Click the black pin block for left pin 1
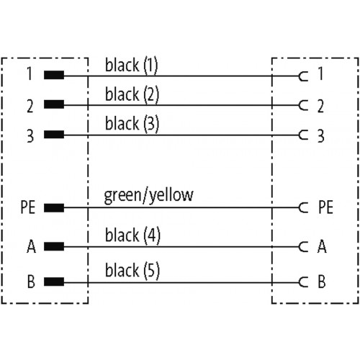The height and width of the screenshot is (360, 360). pos(54,75)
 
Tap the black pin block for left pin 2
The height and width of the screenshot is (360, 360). pos(54,104)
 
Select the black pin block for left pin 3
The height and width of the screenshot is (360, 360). pos(54,135)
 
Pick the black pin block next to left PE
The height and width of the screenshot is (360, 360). pos(54,208)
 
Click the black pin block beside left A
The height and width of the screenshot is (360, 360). pos(54,246)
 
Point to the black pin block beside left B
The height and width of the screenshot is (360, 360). pos(54,282)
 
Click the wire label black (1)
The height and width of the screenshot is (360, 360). pos(132,65)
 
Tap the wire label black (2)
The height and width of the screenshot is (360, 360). pos(132,94)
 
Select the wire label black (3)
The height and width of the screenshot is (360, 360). pos(132,123)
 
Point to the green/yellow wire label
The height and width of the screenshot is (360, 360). pos(148,195)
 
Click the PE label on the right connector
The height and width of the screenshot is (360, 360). pos(325,207)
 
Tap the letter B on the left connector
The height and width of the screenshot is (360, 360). pos(31,282)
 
